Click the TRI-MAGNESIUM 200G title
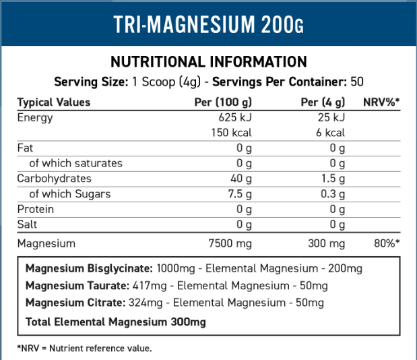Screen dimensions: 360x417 pyautogui.click(x=208, y=24)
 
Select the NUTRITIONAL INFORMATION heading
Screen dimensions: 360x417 pyautogui.click(x=208, y=62)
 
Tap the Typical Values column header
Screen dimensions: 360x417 pyautogui.click(x=53, y=102)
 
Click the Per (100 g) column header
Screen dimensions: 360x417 pyautogui.click(x=223, y=102)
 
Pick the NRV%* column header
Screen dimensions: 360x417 pyautogui.click(x=381, y=102)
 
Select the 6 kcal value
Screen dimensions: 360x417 pyautogui.click(x=330, y=133)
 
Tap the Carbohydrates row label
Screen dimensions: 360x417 pyautogui.click(x=55, y=179)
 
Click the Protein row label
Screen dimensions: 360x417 pyautogui.click(x=36, y=209)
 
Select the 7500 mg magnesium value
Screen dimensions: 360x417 pyautogui.click(x=230, y=243)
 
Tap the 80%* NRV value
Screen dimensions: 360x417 pyautogui.click(x=387, y=243)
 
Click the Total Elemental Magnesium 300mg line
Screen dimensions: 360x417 pyautogui.click(x=115, y=322)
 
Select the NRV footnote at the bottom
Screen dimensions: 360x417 pyautogui.click(x=84, y=348)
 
